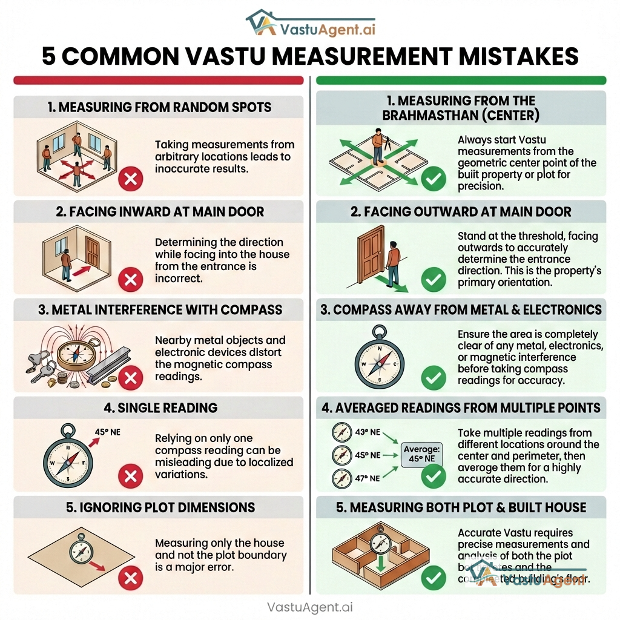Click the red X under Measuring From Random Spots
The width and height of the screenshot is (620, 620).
pos(130,179)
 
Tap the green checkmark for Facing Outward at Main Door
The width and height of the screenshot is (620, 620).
pos(433,280)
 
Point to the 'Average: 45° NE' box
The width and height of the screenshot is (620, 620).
pos(422,454)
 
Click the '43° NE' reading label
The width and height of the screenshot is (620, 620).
pos(366,432)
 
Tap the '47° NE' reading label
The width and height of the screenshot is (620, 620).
pos(366,478)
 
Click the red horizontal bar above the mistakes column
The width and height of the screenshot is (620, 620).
pos(158,80)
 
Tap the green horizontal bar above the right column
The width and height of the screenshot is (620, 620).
pos(461,80)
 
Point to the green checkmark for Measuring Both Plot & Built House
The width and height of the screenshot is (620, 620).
pos(433,578)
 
